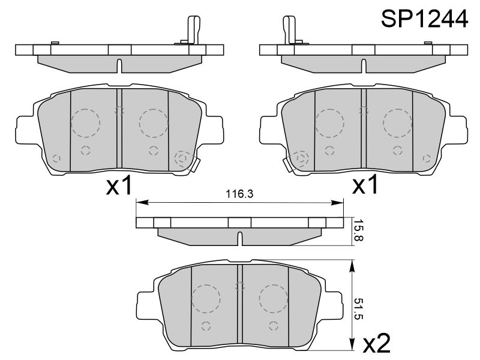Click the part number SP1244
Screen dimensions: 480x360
(x=424, y=19)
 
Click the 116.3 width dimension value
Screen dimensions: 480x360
(x=239, y=194)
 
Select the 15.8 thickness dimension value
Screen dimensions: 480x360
(x=358, y=230)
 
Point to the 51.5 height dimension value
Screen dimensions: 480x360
(x=358, y=309)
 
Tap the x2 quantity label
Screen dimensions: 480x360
(x=377, y=343)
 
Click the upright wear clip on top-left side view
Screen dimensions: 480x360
(x=193, y=29)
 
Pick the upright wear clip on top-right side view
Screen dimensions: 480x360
(x=289, y=29)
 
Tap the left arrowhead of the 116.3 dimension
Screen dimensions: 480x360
(x=142, y=202)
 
